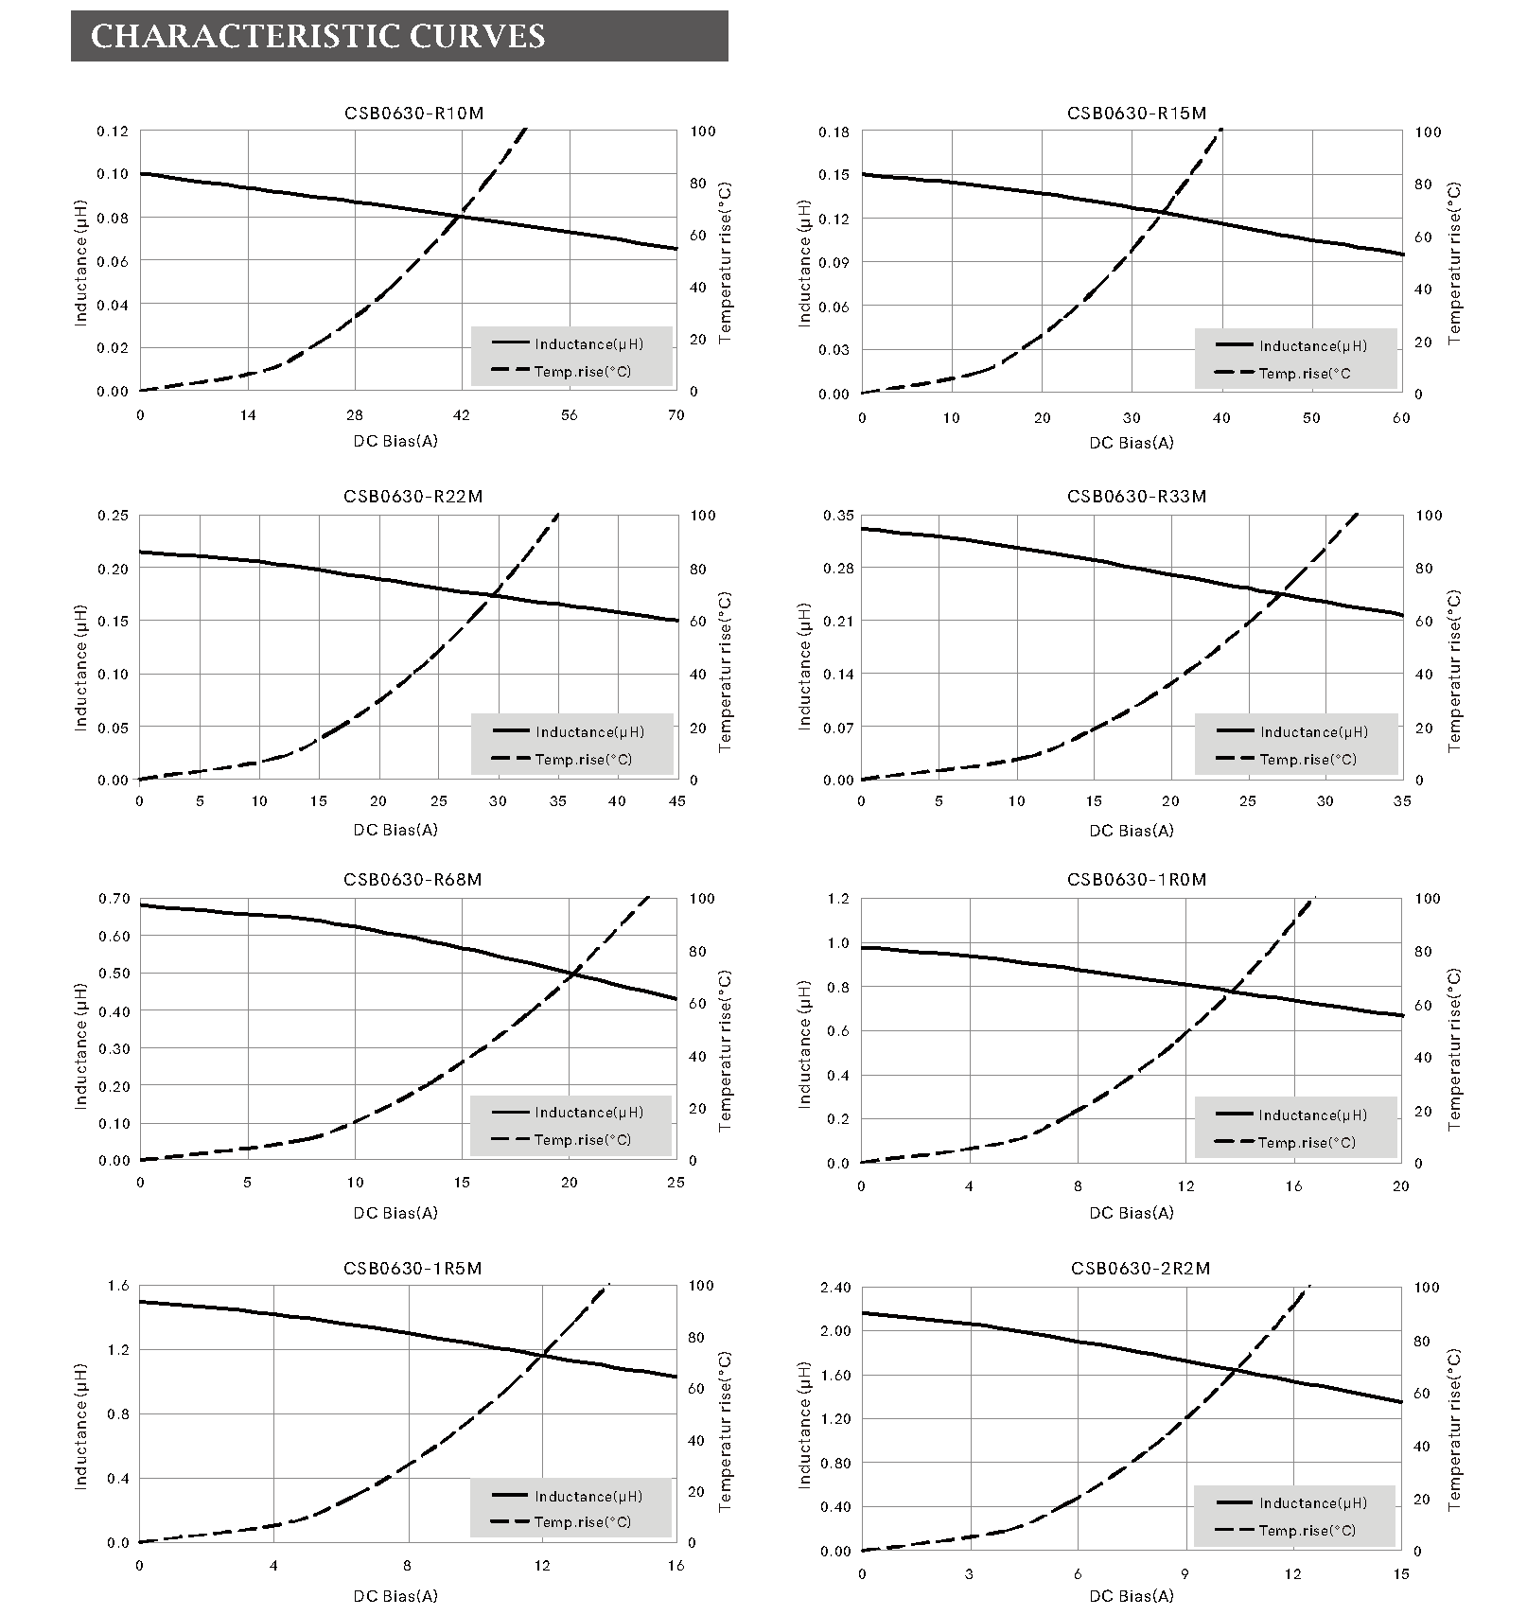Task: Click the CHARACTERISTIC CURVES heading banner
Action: (x=398, y=36)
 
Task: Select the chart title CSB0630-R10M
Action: (x=413, y=114)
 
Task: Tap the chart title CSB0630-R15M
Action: (x=1136, y=114)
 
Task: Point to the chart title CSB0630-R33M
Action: (x=1136, y=497)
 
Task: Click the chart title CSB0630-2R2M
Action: (x=1140, y=1268)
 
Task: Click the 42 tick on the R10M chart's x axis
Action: (x=462, y=415)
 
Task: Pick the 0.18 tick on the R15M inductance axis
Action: (x=834, y=132)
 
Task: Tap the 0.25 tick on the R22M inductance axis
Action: (x=113, y=516)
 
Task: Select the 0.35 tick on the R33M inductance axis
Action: (x=838, y=516)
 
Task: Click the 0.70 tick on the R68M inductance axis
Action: (x=113, y=899)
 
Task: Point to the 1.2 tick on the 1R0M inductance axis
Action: (x=838, y=899)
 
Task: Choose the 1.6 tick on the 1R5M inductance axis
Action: (x=116, y=1286)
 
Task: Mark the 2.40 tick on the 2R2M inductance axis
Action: (x=834, y=1288)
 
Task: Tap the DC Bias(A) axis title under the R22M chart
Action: (x=395, y=830)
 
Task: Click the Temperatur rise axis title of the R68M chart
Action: (x=726, y=1050)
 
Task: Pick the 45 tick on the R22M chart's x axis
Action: (x=676, y=801)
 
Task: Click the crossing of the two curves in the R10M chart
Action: (x=460, y=217)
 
